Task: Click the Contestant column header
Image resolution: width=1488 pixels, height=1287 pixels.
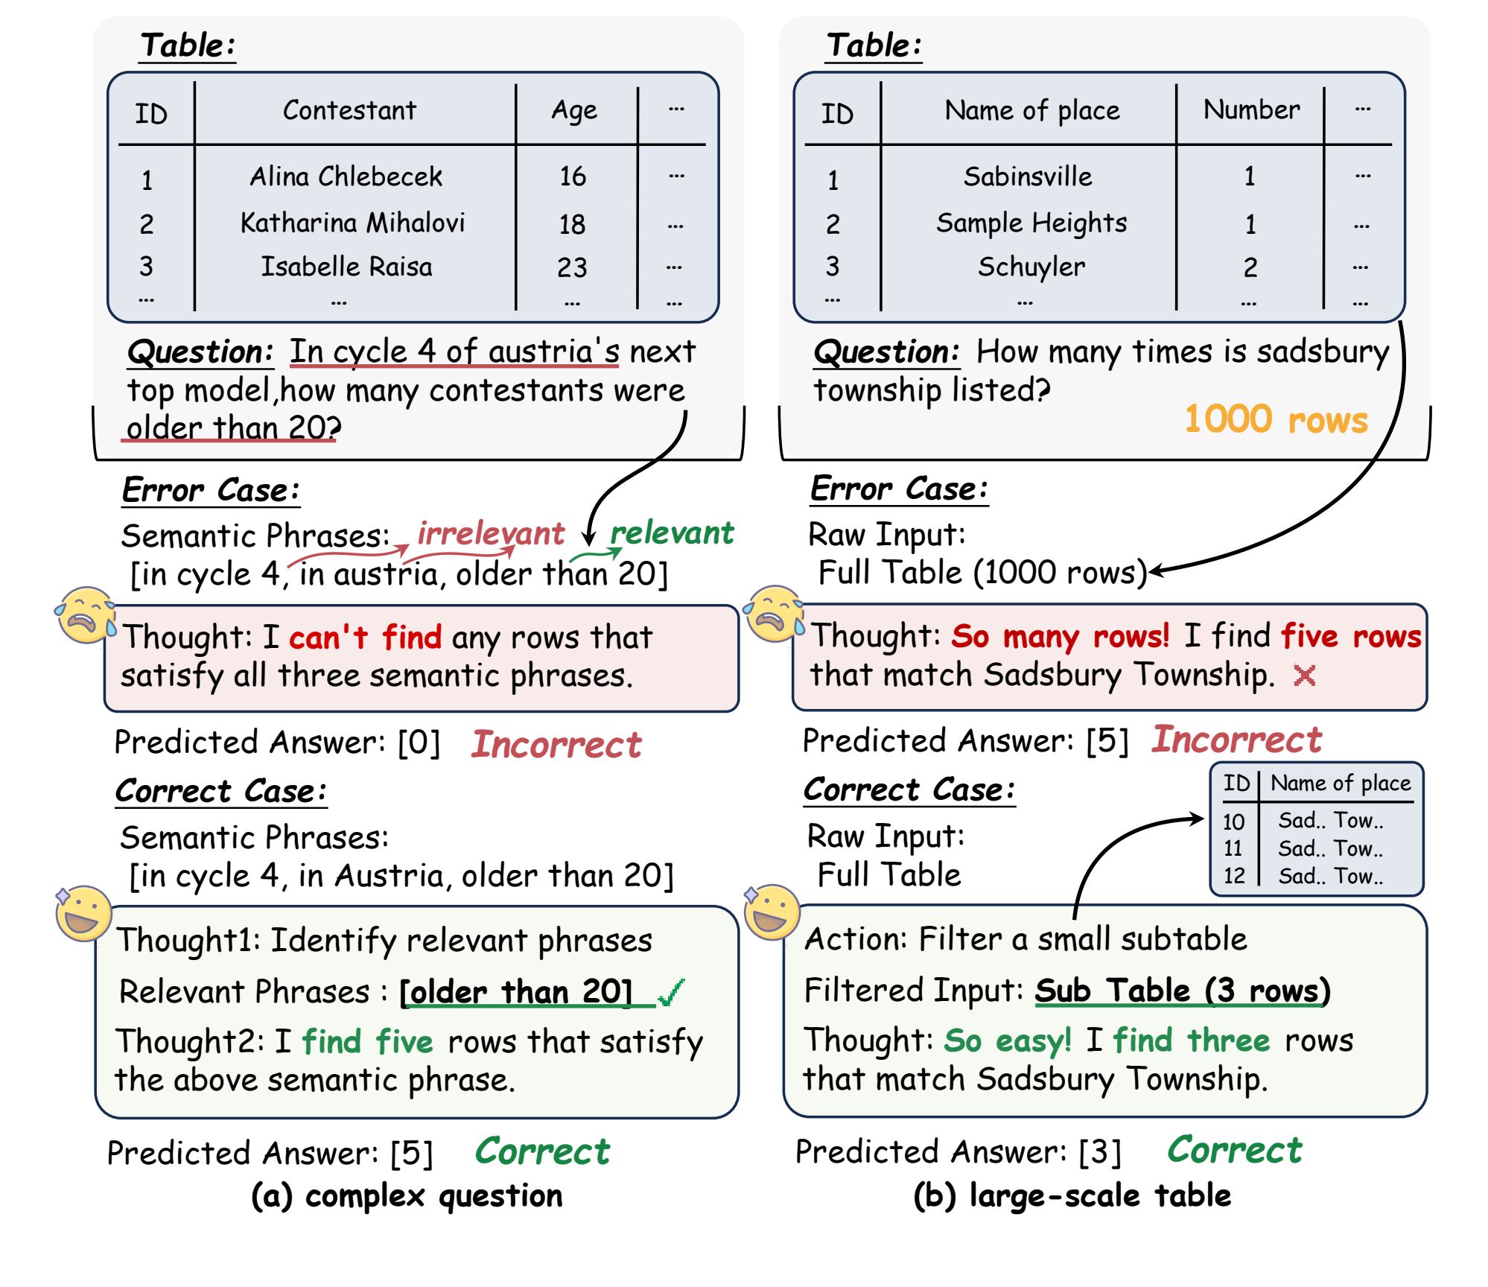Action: pyautogui.click(x=349, y=110)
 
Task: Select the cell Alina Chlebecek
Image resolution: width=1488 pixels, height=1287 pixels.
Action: pyautogui.click(x=346, y=177)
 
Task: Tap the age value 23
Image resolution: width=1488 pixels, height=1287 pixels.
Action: pyautogui.click(x=572, y=267)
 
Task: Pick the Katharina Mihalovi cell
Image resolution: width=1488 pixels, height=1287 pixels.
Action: pyautogui.click(x=352, y=222)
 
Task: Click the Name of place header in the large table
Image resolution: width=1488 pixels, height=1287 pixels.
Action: pyautogui.click(x=1032, y=110)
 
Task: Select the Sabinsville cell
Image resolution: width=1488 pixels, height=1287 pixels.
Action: pyautogui.click(x=1028, y=177)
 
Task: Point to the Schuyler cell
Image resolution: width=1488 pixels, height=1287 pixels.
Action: pyautogui.click(x=1031, y=267)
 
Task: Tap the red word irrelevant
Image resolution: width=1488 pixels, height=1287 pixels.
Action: pyautogui.click(x=491, y=533)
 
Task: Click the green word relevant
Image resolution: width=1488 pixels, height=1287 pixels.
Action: pyautogui.click(x=672, y=533)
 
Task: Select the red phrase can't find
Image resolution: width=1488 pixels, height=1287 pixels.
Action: pyautogui.click(x=365, y=638)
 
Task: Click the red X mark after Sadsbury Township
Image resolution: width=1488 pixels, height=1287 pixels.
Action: pyautogui.click(x=1304, y=676)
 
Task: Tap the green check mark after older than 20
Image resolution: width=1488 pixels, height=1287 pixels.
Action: pyautogui.click(x=671, y=992)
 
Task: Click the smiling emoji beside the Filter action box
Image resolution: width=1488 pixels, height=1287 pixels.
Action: pyautogui.click(x=772, y=912)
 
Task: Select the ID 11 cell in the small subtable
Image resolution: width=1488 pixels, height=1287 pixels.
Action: pyautogui.click(x=1233, y=848)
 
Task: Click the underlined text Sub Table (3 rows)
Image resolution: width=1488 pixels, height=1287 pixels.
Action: pyautogui.click(x=1182, y=991)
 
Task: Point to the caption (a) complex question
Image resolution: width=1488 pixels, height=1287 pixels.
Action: pyautogui.click(x=407, y=1196)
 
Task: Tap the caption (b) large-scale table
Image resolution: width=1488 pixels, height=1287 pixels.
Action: pyautogui.click(x=1072, y=1196)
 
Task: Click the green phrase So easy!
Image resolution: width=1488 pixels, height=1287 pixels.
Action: pyautogui.click(x=1008, y=1040)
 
